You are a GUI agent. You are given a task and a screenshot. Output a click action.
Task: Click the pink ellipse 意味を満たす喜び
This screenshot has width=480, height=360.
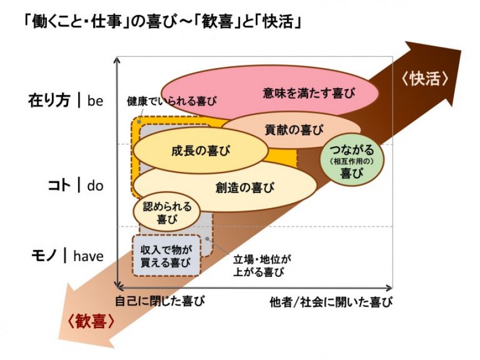(x=309, y=92)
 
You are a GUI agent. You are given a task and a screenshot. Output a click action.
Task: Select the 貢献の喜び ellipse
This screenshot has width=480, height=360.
(x=294, y=129)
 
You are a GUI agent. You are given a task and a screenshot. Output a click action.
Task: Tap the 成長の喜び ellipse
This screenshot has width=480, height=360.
(x=200, y=150)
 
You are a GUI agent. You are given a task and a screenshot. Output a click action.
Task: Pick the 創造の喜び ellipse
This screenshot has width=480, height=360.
(x=244, y=188)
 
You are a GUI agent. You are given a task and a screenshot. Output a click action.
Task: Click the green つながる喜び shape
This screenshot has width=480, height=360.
(x=352, y=162)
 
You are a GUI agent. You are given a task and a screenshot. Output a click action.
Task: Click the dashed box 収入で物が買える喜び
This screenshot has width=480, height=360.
(x=166, y=256)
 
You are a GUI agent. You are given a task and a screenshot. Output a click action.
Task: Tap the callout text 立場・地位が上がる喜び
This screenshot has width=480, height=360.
(x=262, y=266)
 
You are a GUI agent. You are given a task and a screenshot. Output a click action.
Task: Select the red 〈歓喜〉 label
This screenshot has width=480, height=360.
(x=90, y=322)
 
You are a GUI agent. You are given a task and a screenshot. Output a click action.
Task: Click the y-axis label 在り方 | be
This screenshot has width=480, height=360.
(x=66, y=101)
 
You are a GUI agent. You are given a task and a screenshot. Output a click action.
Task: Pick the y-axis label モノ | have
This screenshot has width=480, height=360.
(x=67, y=256)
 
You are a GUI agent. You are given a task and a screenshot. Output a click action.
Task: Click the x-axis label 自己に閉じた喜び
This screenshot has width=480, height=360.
(x=160, y=302)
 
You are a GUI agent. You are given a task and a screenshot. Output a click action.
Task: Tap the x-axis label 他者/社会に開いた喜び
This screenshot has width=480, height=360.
(x=330, y=302)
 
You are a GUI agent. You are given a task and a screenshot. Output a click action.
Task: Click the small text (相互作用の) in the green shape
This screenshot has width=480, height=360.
(x=351, y=162)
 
